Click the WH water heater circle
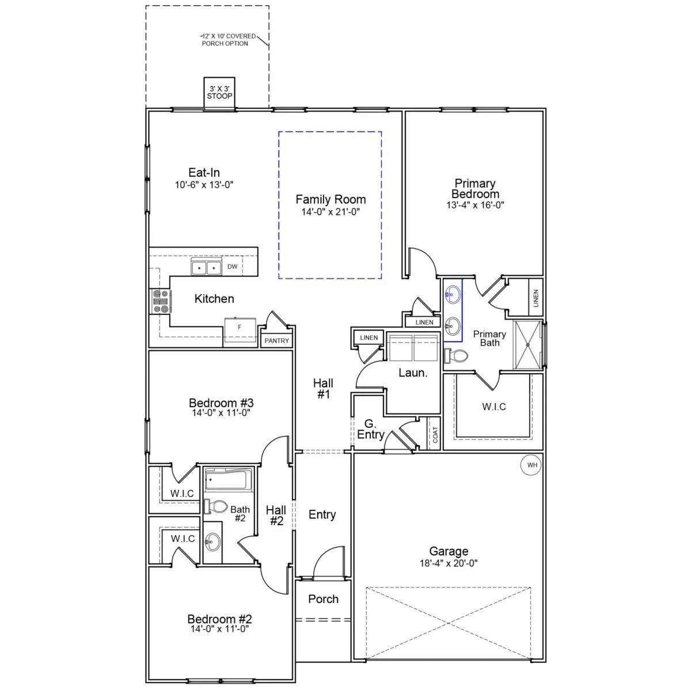532,465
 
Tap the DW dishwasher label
233,267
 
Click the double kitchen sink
206,267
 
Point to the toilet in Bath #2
216,506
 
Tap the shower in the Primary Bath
527,344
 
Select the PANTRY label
276,341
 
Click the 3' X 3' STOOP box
219,93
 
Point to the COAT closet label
435,435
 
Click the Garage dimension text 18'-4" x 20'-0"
449,563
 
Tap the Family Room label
331,199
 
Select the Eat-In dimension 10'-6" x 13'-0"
204,185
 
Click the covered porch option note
227,40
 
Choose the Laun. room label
413,373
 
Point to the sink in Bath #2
212,541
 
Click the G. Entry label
370,429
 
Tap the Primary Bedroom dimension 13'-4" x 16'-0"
475,205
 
